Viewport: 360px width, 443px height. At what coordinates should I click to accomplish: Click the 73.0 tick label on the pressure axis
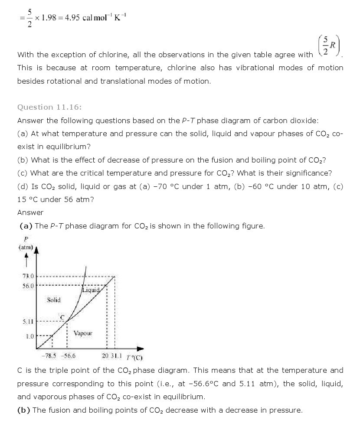(x=28, y=276)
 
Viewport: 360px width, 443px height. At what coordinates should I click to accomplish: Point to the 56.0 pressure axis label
(x=28, y=286)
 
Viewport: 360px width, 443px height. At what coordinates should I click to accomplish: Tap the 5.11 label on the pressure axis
(x=28, y=322)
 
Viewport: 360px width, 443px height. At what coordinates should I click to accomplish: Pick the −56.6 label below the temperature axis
(x=68, y=356)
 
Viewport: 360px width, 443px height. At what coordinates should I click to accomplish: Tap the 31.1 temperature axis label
(x=116, y=356)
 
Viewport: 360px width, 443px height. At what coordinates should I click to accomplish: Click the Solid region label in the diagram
(x=54, y=300)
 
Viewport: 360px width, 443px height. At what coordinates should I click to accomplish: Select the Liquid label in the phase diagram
(x=91, y=290)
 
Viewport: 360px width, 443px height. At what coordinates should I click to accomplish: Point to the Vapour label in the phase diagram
(x=83, y=333)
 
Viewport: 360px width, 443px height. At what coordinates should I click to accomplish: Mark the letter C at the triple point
(x=62, y=317)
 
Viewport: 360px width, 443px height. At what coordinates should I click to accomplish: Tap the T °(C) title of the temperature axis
(x=134, y=357)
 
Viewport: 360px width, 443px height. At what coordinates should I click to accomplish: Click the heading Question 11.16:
(x=49, y=107)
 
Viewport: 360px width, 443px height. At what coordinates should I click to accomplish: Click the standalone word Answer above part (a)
(x=30, y=212)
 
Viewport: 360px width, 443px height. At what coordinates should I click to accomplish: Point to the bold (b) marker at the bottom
(x=23, y=410)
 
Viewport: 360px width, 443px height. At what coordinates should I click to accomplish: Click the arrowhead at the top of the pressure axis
(x=36, y=249)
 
